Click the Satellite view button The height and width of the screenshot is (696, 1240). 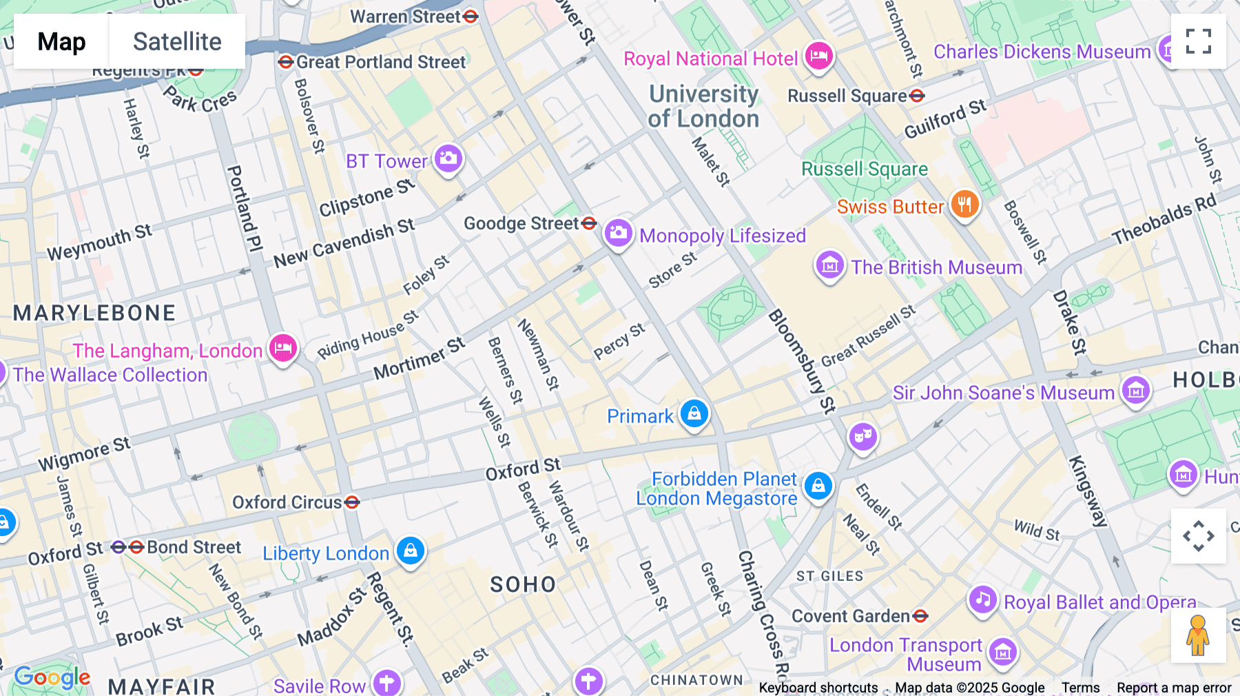(x=177, y=41)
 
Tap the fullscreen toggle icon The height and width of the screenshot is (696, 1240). (x=1198, y=41)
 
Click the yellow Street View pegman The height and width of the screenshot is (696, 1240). (x=1198, y=635)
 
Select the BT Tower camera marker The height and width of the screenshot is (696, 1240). (x=448, y=158)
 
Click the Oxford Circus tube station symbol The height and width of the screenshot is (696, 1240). (x=352, y=502)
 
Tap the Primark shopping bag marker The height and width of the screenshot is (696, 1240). (x=694, y=413)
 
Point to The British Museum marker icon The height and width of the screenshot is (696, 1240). (x=830, y=265)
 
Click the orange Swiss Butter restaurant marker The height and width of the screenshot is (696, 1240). (x=964, y=205)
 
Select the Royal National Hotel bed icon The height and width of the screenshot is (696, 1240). (x=818, y=55)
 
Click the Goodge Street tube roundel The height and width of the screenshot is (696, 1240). (x=589, y=223)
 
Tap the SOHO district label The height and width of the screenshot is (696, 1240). (x=523, y=584)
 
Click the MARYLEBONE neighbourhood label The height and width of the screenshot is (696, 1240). (x=94, y=313)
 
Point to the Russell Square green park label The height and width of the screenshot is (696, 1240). (x=865, y=169)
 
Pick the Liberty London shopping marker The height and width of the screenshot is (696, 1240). (x=411, y=551)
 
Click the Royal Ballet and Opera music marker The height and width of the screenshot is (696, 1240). (x=983, y=600)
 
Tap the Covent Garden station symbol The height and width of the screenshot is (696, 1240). (x=920, y=616)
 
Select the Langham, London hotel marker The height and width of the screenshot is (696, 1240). (x=282, y=348)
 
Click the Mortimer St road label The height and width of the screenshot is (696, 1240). (x=419, y=359)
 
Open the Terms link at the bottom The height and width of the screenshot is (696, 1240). (x=1080, y=687)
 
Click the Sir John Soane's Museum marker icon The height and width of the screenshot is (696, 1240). (x=1135, y=390)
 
